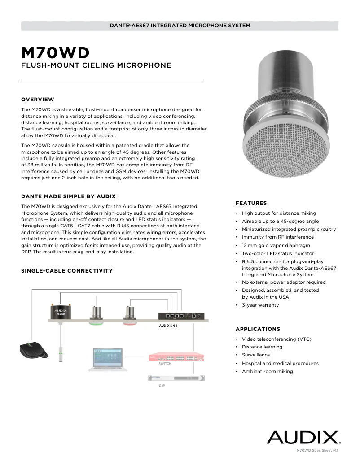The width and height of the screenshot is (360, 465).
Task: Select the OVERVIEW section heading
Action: pyautogui.click(x=38, y=100)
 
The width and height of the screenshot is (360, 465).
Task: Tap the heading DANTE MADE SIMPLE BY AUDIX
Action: pyautogui.click(x=68, y=196)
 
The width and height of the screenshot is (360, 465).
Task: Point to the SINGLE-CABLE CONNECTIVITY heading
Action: pyautogui.click(x=67, y=271)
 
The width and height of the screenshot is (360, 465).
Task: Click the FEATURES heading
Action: pyautogui.click(x=251, y=203)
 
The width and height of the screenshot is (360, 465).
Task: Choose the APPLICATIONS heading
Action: pyautogui.click(x=258, y=329)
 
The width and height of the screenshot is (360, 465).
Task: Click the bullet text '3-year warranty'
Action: pyautogui.click(x=260, y=305)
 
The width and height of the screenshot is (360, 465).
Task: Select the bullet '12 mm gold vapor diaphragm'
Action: pyautogui.click(x=276, y=245)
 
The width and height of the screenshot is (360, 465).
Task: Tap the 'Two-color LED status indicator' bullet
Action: pyautogui.click(x=278, y=253)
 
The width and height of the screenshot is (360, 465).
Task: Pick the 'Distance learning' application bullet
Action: pyautogui.click(x=262, y=347)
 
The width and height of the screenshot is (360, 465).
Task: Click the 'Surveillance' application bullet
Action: pyautogui.click(x=256, y=355)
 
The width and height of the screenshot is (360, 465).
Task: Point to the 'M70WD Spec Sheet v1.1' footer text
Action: pyautogui.click(x=317, y=450)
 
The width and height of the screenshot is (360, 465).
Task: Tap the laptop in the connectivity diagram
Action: pyautogui.click(x=107, y=359)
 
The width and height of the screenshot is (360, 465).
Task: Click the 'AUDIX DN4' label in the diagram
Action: pyautogui.click(x=168, y=326)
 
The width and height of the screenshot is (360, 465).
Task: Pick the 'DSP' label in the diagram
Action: pyautogui.click(x=162, y=386)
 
